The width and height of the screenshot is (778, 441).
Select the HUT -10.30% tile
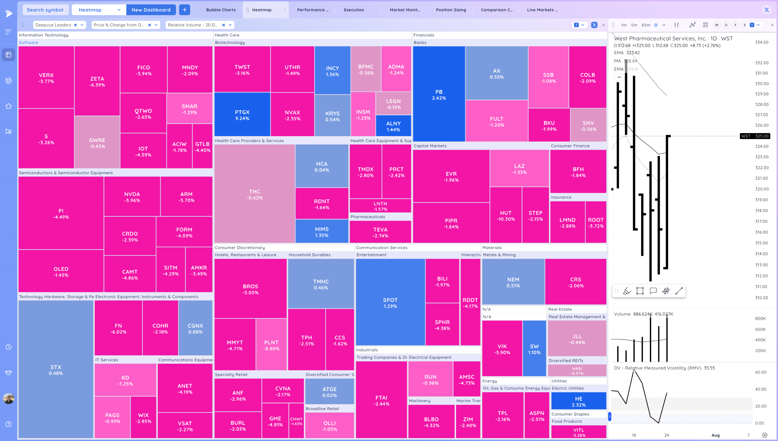[x=506, y=216]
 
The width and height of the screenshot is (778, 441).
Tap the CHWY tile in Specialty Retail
[x=296, y=421]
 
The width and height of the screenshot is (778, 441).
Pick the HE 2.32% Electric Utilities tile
[x=578, y=401]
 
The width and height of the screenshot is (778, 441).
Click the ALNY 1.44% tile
[x=393, y=126]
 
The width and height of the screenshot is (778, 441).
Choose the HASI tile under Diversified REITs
[x=577, y=370]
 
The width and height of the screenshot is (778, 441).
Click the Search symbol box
[x=45, y=10]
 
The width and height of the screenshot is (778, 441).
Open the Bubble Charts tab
[x=221, y=10]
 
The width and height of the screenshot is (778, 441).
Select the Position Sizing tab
[x=450, y=10]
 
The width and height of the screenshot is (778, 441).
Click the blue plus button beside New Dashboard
[x=184, y=10]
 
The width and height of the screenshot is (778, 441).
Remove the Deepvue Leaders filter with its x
[x=75, y=25]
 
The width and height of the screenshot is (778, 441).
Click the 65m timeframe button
[x=646, y=25]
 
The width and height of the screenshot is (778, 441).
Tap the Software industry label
[x=29, y=42]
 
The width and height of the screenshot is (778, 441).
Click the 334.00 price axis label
[x=761, y=42]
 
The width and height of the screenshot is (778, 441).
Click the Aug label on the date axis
[x=715, y=435]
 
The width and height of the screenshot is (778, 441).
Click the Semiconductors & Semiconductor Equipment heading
[x=66, y=173]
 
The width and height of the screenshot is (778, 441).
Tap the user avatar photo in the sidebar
[x=9, y=398]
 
